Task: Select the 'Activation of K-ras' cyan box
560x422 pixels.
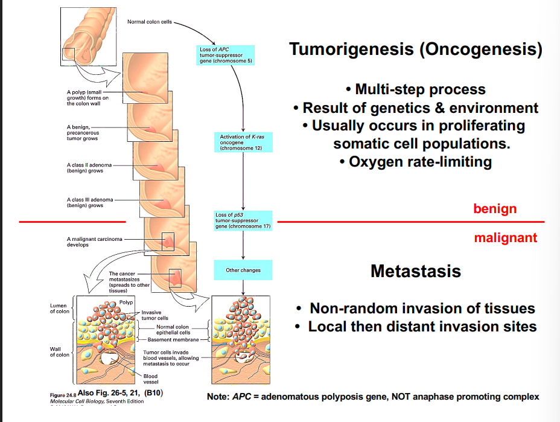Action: tap(242, 142)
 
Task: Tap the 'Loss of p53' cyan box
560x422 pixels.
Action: tap(243, 220)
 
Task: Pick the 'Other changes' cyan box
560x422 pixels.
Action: tap(243, 270)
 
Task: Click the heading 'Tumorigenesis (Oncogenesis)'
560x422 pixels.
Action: tap(415, 49)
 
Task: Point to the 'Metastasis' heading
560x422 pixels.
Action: tap(415, 271)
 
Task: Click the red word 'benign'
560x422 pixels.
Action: tap(495, 209)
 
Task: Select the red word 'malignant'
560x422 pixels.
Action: tap(505, 238)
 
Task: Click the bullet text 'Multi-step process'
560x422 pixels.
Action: tap(415, 90)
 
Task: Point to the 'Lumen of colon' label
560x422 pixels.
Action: tap(59, 309)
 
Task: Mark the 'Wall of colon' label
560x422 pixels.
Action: tap(59, 352)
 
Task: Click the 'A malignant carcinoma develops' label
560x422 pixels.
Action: tap(94, 241)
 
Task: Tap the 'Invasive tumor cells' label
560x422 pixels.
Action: tap(154, 315)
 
